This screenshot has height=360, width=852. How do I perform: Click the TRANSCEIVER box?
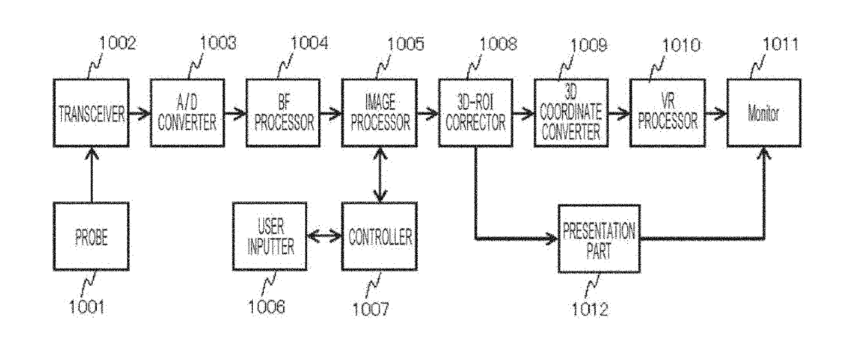(x=91, y=113)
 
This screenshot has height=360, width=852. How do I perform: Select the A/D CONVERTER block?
(x=187, y=113)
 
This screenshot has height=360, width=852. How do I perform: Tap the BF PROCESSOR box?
(x=283, y=113)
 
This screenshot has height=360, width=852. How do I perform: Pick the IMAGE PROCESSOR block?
(x=379, y=113)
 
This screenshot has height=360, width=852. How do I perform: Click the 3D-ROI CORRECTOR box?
(x=475, y=113)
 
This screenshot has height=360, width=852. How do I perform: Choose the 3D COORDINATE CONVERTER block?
(x=571, y=113)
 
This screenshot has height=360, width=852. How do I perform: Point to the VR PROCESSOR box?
(x=668, y=113)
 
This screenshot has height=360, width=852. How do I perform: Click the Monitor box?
(x=764, y=113)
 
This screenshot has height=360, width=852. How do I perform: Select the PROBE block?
(x=91, y=236)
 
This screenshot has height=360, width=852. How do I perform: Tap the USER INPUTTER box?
(x=269, y=236)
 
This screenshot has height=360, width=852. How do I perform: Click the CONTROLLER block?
(x=379, y=236)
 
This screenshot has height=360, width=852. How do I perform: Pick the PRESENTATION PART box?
(x=599, y=238)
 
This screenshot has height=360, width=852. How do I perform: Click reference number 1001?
(x=87, y=306)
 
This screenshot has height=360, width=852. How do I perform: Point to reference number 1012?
(x=590, y=309)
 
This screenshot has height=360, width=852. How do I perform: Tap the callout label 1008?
(x=498, y=44)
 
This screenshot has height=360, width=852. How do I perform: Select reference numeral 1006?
(x=267, y=306)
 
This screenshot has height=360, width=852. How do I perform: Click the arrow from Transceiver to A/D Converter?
(x=139, y=113)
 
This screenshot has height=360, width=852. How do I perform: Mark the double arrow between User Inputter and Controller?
(x=324, y=236)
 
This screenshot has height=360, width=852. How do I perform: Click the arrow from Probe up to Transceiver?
(x=91, y=175)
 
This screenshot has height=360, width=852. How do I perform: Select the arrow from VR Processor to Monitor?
(x=716, y=113)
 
